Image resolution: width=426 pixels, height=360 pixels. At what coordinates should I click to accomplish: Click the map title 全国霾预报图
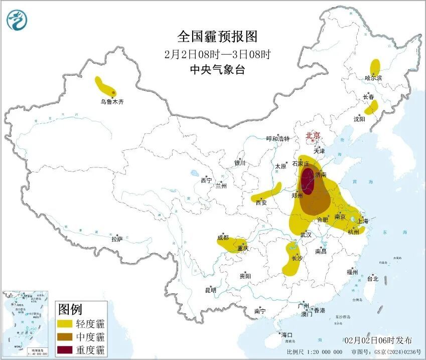tap(217, 37)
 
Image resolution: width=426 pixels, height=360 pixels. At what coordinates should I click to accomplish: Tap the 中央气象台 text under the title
tap(217, 70)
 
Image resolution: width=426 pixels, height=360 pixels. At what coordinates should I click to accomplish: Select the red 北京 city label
tap(313, 135)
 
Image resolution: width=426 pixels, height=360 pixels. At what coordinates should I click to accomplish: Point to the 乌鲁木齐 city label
tap(111, 102)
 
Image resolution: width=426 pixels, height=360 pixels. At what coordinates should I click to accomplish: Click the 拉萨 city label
tap(116, 240)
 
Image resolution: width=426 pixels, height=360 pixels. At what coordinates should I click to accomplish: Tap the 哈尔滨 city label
tap(373, 78)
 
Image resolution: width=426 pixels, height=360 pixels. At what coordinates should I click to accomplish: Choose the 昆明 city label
tap(211, 290)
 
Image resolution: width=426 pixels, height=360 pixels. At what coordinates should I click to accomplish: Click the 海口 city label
tap(287, 334)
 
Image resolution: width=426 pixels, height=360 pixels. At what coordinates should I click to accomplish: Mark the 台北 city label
tap(372, 279)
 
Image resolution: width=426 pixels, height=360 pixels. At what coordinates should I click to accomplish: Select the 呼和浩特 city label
tap(277, 139)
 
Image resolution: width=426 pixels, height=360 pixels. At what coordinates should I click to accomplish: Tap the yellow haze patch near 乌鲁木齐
tap(106, 87)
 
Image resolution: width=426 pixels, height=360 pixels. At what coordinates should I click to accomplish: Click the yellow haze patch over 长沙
tap(292, 259)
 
